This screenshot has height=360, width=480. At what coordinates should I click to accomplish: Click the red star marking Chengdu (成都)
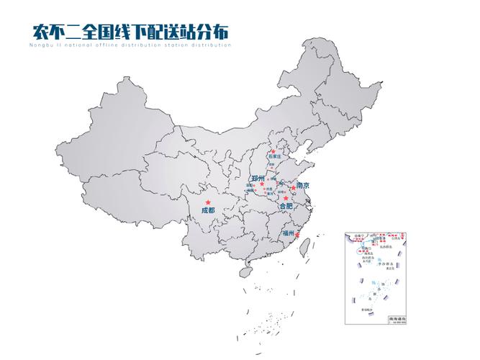point(209,202)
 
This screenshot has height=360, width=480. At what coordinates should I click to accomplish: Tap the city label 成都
point(208,210)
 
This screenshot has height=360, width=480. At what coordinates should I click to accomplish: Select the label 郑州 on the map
point(258,178)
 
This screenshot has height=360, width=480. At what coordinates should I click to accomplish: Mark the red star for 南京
point(292,188)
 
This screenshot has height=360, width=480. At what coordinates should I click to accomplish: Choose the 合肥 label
point(286,206)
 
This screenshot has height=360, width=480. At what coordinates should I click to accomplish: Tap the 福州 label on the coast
point(289,233)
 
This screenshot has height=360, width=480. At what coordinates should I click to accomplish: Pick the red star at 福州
point(297,235)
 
